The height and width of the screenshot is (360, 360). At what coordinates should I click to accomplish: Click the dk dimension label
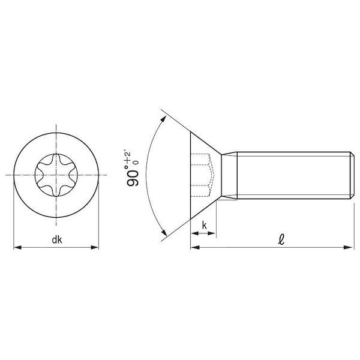pos(57,240)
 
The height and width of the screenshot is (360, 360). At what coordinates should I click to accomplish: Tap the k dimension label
pos(204,226)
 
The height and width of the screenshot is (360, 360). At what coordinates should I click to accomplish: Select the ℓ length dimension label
pos(281,239)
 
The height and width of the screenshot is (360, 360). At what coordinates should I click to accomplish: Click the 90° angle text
pos(133,175)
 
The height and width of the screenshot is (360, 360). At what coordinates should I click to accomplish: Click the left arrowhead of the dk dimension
pos(17,247)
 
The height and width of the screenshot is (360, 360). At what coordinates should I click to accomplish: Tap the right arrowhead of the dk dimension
pos(95,247)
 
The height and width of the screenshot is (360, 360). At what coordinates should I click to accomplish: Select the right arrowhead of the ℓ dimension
pos(348,247)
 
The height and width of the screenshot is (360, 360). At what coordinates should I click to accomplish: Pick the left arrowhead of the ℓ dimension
pos(195,247)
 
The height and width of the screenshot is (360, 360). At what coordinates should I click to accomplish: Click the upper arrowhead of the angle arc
pos(163,119)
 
